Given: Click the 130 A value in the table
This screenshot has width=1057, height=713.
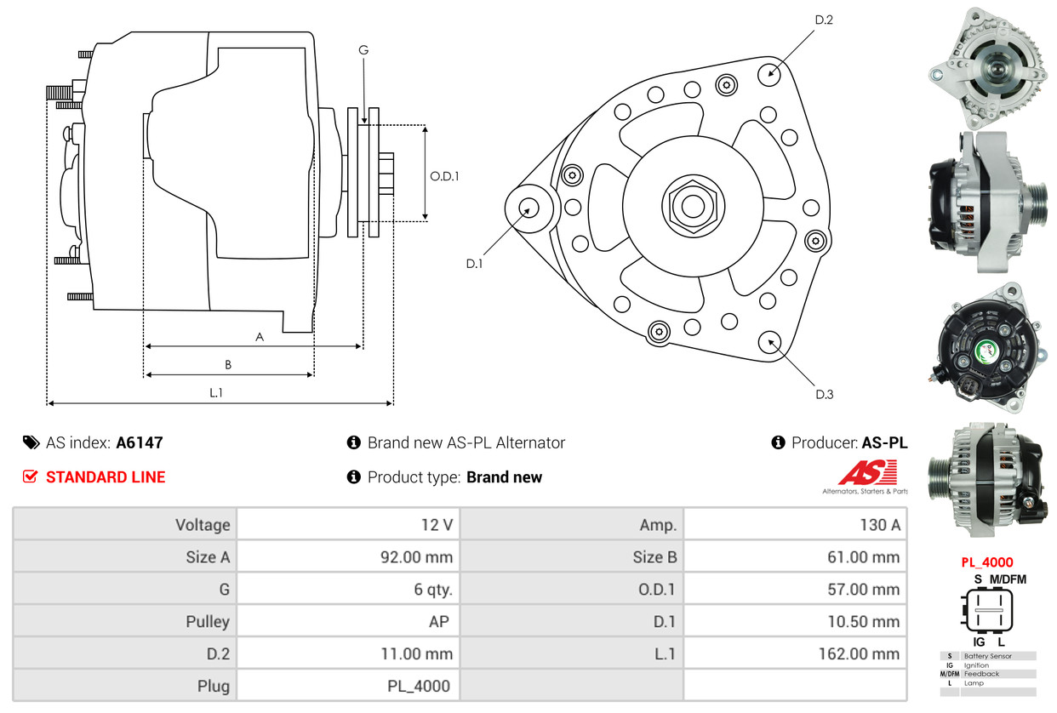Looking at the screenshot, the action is pyautogui.click(x=880, y=525).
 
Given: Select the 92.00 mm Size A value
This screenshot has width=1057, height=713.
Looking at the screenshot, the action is pyautogui.click(x=417, y=556).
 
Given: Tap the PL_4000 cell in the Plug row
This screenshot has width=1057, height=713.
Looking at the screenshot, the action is pyautogui.click(x=419, y=686).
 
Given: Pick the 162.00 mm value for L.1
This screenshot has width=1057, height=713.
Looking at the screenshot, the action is pyautogui.click(x=859, y=653).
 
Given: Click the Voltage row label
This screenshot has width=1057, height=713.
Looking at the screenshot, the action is pyautogui.click(x=203, y=525).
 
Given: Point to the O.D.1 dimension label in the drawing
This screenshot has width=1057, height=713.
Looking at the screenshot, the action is pyautogui.click(x=444, y=176).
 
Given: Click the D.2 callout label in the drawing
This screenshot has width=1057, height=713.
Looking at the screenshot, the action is pyautogui.click(x=824, y=20).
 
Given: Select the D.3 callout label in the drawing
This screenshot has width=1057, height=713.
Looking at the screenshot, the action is pyautogui.click(x=825, y=394).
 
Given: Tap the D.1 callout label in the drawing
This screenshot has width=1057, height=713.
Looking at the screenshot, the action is pyautogui.click(x=474, y=264).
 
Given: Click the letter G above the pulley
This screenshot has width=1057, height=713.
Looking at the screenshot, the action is pyautogui.click(x=363, y=49).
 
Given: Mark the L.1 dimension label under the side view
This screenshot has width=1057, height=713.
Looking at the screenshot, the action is pyautogui.click(x=215, y=392).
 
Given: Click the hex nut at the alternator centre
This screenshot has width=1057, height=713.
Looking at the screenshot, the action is pyautogui.click(x=693, y=206).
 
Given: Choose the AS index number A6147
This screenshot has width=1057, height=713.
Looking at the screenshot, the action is pyautogui.click(x=140, y=442).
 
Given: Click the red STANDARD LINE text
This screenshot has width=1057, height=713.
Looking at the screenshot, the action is pyautogui.click(x=106, y=477).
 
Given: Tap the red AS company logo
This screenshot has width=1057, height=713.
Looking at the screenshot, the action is pyautogui.click(x=867, y=473).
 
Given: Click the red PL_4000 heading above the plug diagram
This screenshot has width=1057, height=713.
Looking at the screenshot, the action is pyautogui.click(x=987, y=562).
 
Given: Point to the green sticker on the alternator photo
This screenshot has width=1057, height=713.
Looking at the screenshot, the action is pyautogui.click(x=987, y=351).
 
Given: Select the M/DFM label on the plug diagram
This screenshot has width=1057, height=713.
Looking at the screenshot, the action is pyautogui.click(x=1008, y=579).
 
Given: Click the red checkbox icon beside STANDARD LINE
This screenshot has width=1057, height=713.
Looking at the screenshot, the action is pyautogui.click(x=30, y=476).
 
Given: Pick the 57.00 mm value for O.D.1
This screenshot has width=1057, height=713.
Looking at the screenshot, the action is pyautogui.click(x=864, y=590).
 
